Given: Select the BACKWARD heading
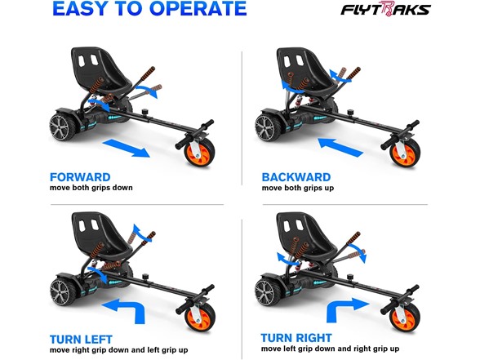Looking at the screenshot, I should coord(296,177).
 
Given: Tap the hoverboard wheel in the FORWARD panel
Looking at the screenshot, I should coord(61,127).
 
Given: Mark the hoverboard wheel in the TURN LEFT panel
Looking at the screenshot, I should coord(61,291).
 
